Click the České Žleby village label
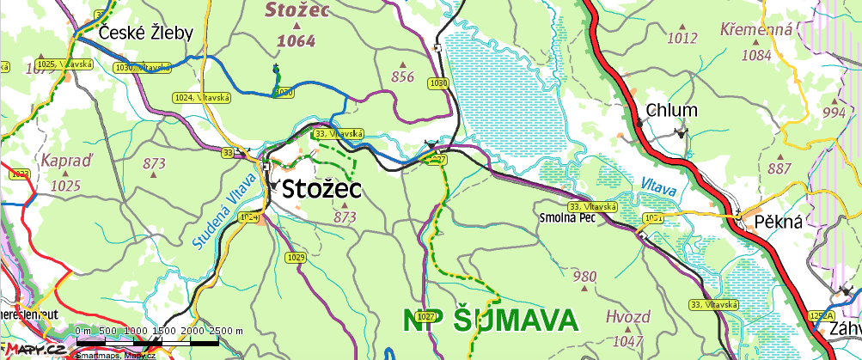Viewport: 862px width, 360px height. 146,33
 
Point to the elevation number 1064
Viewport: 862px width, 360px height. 296,40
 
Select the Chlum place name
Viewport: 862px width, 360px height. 666,110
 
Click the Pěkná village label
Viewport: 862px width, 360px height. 778,221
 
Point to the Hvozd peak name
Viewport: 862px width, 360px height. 627,315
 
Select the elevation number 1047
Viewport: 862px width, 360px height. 624,341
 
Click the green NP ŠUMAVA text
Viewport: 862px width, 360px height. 490,320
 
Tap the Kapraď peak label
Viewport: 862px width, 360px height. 65,160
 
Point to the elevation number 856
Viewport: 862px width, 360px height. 402,77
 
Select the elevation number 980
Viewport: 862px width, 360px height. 584,277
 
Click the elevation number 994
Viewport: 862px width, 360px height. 834,113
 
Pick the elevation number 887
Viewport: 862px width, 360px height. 780,168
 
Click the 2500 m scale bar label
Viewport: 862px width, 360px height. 227,330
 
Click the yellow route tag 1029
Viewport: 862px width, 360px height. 297,258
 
